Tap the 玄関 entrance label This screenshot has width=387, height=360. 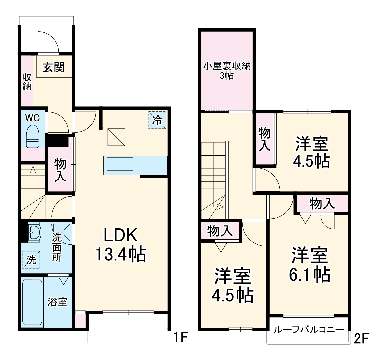coord(53,68)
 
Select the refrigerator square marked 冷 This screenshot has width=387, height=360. coord(157,120)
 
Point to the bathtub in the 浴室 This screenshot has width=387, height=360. coord(32,302)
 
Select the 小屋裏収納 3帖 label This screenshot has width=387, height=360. coord(227,70)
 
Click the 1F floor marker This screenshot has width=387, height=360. coord(181,338)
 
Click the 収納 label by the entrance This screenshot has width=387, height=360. coord(27,82)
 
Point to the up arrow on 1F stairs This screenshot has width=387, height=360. coord(33,170)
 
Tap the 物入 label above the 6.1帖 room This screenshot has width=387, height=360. coord(322,203)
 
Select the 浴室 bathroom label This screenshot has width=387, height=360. coord(58,302)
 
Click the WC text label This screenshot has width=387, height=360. coord(33,118)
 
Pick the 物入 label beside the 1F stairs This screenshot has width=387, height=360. coord(60,170)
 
